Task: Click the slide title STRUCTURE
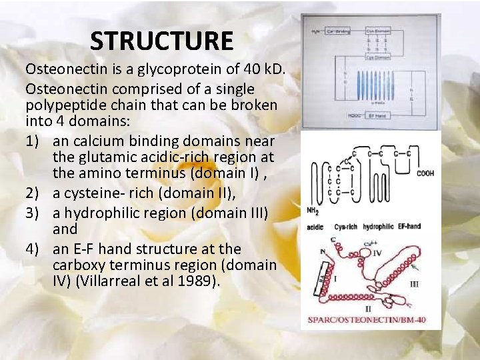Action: [x=162, y=42]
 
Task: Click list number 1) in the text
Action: [x=33, y=141]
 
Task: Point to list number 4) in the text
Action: [x=33, y=249]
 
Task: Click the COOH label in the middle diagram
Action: [x=425, y=173]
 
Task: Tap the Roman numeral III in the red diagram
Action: [x=413, y=283]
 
